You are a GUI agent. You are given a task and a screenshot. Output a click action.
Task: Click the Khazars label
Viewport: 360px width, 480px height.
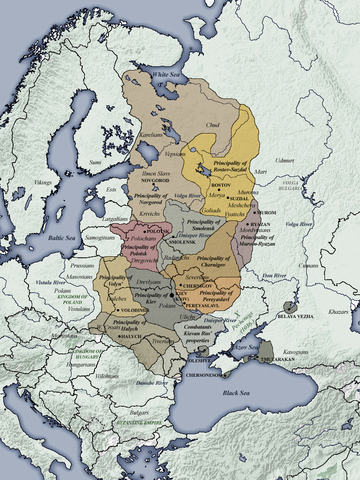(337, 312)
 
